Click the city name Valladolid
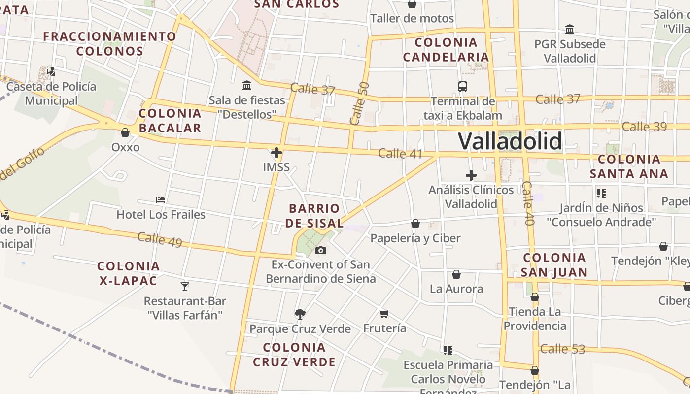point(510,141)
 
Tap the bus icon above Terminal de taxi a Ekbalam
point(463,87)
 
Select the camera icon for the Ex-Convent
point(321,251)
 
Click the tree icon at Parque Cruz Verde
point(300,314)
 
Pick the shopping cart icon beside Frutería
point(384,314)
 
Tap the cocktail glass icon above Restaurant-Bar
point(185,286)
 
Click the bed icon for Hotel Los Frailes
point(161,200)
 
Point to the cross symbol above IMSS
point(276,153)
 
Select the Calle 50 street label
point(359,103)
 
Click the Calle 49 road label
point(160,240)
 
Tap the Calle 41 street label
point(400,153)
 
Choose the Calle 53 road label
point(562,349)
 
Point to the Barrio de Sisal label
point(314,216)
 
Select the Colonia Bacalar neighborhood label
point(170,121)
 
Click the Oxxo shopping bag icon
point(125,132)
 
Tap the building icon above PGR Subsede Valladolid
point(570,30)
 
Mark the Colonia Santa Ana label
point(629,166)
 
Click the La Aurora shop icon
point(456,274)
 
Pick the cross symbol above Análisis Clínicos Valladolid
point(471,175)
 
